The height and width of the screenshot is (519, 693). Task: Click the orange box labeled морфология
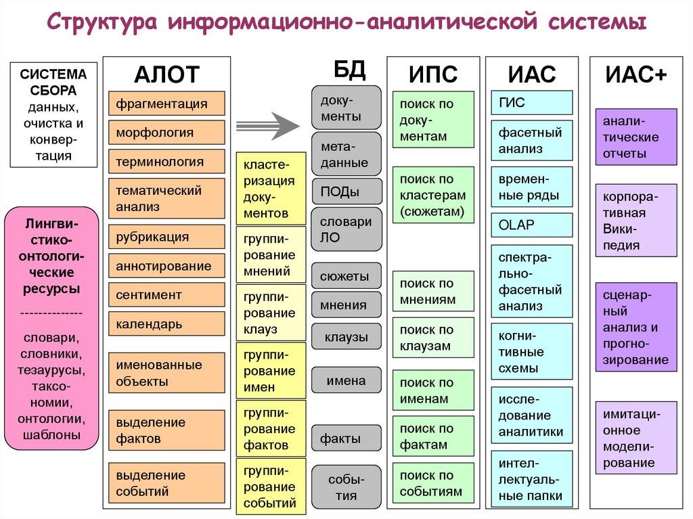pos(166,133)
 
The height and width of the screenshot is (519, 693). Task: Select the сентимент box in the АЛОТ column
pos(166,295)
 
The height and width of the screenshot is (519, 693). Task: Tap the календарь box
pos(166,324)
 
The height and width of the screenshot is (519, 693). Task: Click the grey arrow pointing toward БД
pos(267,124)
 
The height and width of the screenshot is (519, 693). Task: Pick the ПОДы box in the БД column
pos(346,191)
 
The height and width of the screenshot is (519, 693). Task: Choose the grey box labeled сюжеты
pos(346,276)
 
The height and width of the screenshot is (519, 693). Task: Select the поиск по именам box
pos(433,390)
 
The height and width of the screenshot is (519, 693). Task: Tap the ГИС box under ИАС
pos(532,103)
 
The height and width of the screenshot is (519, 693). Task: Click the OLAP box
pos(532,225)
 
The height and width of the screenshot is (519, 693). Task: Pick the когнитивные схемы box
pos(532,352)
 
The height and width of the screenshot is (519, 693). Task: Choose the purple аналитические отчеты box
pos(636,137)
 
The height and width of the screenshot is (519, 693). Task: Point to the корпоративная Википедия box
pos(636,221)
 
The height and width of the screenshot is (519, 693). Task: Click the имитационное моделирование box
pos(636,438)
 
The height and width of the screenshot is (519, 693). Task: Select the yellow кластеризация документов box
pos(270,189)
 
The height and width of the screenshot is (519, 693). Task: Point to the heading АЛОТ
pos(166,74)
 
